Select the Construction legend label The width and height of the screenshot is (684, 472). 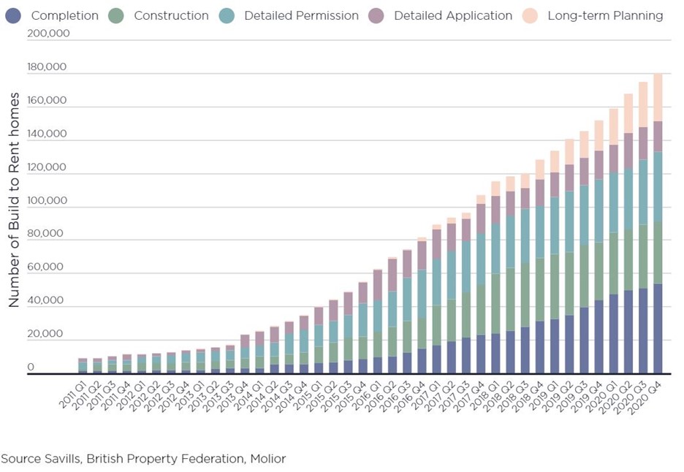(171, 15)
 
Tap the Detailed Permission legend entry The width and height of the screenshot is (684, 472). (301, 15)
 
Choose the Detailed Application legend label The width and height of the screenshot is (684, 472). (452, 15)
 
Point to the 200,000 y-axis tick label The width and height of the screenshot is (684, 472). (46, 34)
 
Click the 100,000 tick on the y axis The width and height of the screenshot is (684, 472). (46, 201)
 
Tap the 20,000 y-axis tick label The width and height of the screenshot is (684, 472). (46, 334)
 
